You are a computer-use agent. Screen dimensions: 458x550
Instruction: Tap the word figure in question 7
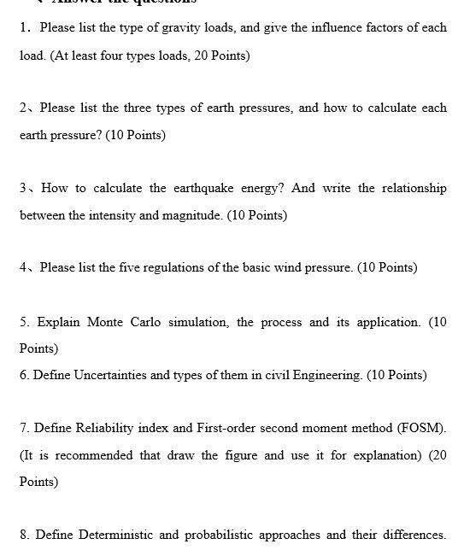[x=242, y=455]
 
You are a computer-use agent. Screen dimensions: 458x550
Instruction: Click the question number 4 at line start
[x=23, y=268]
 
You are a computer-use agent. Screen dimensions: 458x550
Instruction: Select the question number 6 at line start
[x=23, y=375]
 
